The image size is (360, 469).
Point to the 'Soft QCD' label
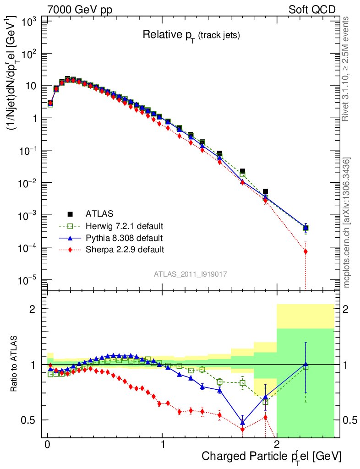312,10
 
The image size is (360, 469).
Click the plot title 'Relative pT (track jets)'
191,34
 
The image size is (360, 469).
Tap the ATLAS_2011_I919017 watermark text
191,274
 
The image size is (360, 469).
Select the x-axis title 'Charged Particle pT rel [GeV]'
272,456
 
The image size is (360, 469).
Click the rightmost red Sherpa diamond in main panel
305,251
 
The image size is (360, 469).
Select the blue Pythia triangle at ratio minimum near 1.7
242,422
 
